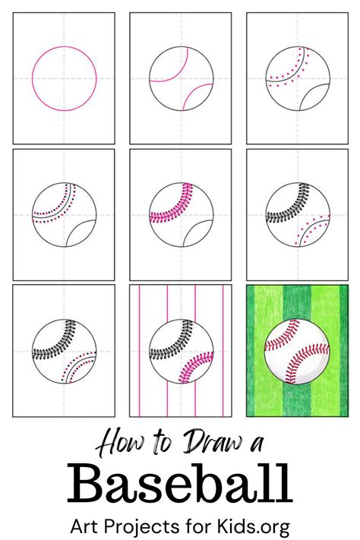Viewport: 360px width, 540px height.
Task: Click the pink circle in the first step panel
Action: [65, 46]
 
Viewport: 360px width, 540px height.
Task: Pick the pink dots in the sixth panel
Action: [311, 230]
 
